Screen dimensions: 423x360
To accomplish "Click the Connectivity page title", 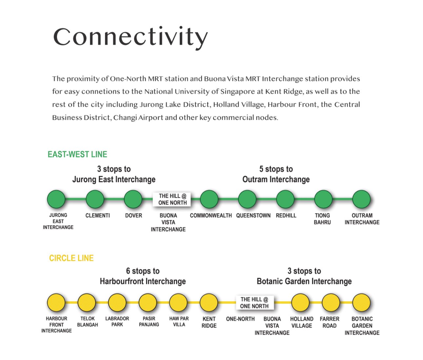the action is coord(131,37).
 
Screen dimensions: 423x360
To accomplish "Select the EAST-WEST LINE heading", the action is coord(77,154).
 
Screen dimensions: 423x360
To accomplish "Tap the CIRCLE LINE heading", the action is coord(71,258).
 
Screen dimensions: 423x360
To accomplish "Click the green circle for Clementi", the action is coord(95,199).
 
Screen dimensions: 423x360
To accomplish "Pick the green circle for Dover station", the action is coord(133,199).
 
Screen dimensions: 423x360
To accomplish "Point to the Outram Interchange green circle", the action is coord(361,199).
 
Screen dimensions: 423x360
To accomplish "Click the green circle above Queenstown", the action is coord(247,199).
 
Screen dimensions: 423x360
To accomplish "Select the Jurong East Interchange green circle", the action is coord(56,199).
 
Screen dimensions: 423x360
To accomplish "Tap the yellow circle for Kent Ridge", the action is coord(209,303).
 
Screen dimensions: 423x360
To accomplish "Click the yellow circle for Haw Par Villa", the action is coord(178,303).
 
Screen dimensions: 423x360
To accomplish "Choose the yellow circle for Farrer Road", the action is coord(331,303).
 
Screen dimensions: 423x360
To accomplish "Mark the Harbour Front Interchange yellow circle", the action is coord(56,303).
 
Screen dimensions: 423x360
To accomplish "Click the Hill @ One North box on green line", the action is coord(172,199).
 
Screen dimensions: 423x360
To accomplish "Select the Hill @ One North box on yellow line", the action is coord(255,303).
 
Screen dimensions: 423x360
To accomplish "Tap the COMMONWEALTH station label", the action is coord(211,216).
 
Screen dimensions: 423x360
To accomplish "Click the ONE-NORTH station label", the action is coord(240,319).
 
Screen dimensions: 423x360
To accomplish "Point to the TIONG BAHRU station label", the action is coord(322,219).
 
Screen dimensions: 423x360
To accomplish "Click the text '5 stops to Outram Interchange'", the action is coord(276,174).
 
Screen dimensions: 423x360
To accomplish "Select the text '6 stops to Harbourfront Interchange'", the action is coord(143,276).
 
